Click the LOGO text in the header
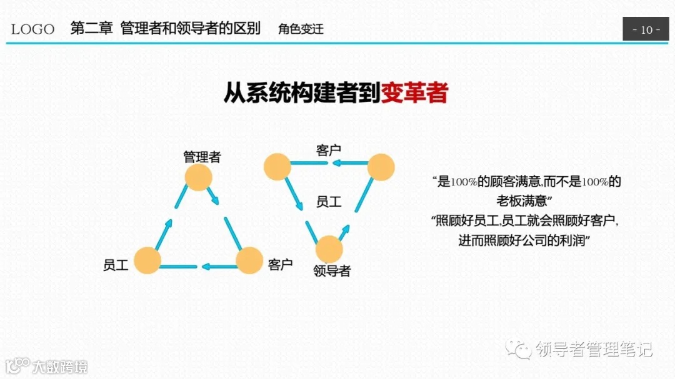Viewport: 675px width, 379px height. (x=32, y=29)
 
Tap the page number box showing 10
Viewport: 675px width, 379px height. (x=646, y=29)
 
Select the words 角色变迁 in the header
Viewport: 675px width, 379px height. (x=301, y=29)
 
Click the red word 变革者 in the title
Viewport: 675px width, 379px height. (x=414, y=93)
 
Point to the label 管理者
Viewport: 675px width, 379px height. (x=202, y=156)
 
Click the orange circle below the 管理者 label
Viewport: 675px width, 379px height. (x=199, y=177)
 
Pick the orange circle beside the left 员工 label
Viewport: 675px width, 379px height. (x=147, y=260)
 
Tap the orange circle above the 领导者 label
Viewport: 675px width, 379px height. (x=329, y=249)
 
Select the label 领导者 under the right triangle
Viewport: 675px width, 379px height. (x=332, y=271)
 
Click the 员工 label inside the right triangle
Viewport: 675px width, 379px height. (x=329, y=202)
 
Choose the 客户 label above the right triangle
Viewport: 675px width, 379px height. (x=329, y=150)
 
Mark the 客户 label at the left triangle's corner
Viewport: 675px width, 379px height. (x=280, y=264)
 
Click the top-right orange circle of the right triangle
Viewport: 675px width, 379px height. (x=381, y=167)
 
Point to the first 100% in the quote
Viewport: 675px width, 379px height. (x=464, y=182)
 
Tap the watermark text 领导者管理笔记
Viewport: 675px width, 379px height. (x=594, y=350)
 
